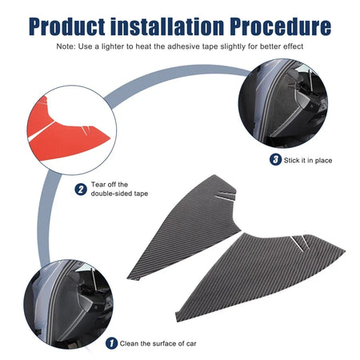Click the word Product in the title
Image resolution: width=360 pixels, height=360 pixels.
tap(67, 26)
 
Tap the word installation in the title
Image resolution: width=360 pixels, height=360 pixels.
tap(167, 26)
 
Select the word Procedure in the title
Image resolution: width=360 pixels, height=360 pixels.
tap(280, 26)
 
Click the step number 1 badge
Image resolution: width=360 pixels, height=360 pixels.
tap(111, 343)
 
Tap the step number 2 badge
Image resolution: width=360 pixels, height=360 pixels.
tap(81, 190)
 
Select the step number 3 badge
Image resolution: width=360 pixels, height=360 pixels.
tap(275, 160)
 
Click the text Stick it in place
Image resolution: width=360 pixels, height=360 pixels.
tap(308, 160)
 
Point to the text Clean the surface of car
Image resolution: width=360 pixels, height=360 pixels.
tap(158, 343)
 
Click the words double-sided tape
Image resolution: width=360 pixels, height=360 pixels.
tap(119, 194)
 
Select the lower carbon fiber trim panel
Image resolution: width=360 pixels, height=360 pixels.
tap(256, 274)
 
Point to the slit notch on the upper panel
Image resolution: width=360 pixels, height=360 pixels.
tap(226, 196)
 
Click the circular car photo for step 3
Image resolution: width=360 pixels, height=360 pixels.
tap(283, 103)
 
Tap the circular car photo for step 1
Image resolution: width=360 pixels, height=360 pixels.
tap(68, 304)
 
